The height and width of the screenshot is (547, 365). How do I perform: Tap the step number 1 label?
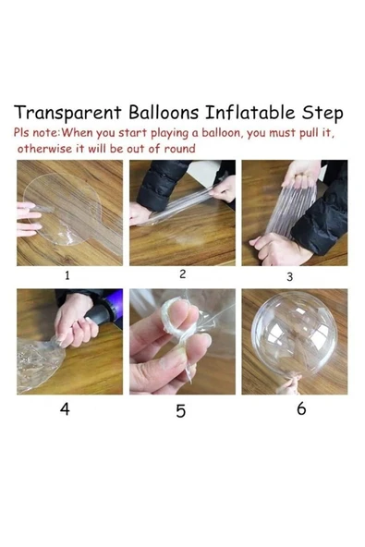coord(67,275)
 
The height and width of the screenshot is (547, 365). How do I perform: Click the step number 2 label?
coord(182,274)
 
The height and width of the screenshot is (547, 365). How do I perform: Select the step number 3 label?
coord(289,276)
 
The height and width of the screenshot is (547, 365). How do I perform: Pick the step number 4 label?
coord(65,408)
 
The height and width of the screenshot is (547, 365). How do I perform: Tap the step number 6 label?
coord(300,408)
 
